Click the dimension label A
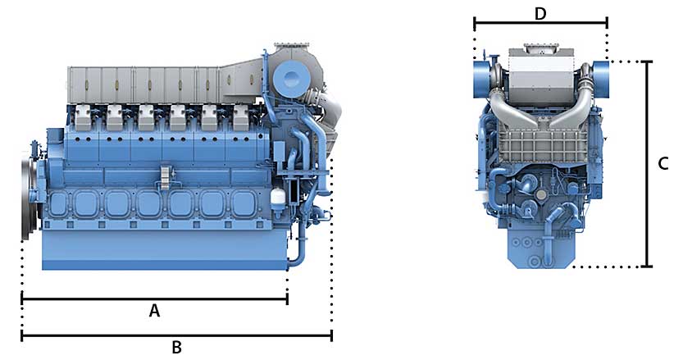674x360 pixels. pyautogui.click(x=154, y=310)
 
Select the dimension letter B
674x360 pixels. pyautogui.click(x=176, y=347)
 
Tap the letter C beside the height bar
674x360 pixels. pyautogui.click(x=663, y=163)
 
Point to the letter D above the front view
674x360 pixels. pyautogui.click(x=540, y=14)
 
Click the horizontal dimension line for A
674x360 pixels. pyautogui.click(x=155, y=298)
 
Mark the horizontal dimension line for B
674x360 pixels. pyautogui.click(x=176, y=335)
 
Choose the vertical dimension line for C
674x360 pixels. pyautogui.click(x=647, y=164)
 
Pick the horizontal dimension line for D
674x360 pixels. pyautogui.click(x=540, y=23)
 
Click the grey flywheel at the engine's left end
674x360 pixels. pyautogui.click(x=29, y=194)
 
